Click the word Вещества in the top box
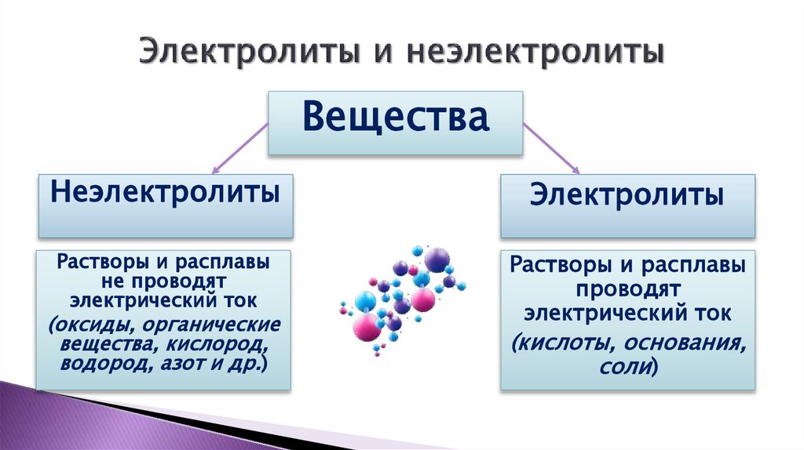396,119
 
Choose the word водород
100,365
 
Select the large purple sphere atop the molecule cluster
436,259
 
